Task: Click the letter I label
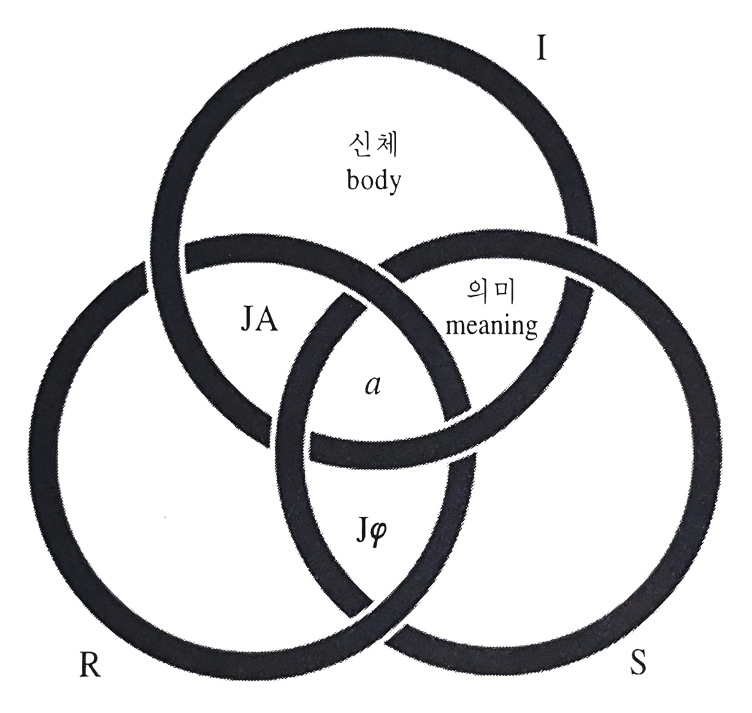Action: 540,47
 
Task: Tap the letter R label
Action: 90,664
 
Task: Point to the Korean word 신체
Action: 373,147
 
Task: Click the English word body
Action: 374,180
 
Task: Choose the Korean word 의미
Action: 491,293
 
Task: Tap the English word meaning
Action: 491,325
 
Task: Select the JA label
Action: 258,320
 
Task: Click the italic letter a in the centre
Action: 372,385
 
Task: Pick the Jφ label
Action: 371,529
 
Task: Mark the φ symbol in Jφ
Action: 378,530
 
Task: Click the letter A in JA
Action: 267,320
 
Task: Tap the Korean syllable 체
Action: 387,147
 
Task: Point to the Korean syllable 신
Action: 359,147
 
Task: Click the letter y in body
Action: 394,183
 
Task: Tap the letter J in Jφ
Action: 362,528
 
